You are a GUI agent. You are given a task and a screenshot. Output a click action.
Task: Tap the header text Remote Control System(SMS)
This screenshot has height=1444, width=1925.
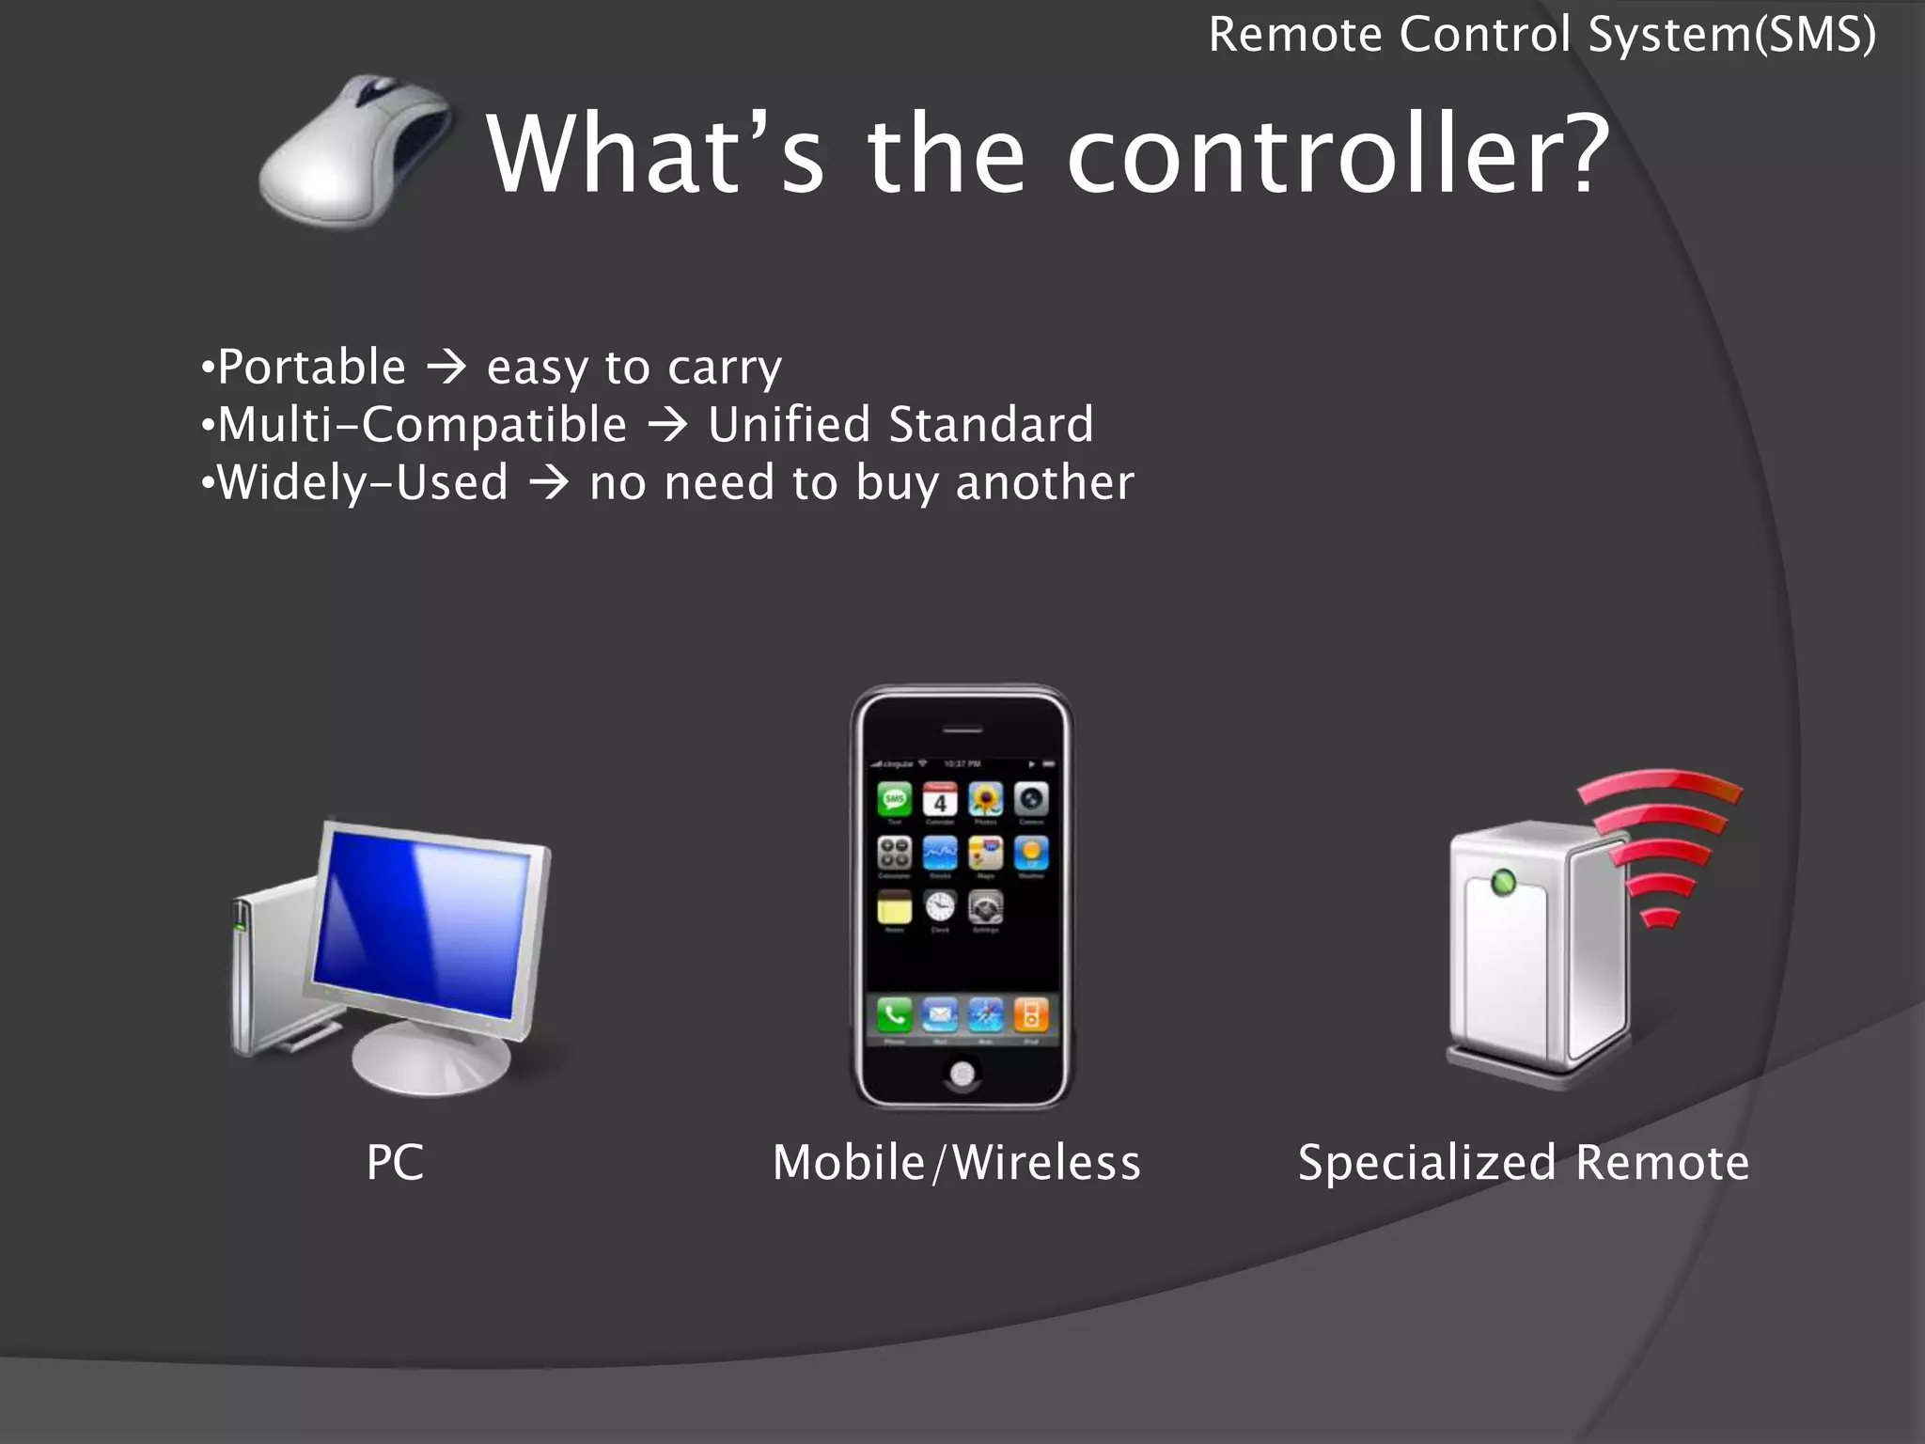pos(1542,36)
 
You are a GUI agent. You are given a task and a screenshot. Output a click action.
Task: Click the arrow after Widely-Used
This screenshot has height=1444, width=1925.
pos(549,484)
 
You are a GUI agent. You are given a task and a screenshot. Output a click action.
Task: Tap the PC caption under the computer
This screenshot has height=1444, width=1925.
pos(395,1162)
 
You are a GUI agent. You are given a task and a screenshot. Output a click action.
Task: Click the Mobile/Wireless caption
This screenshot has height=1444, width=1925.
pos(956,1162)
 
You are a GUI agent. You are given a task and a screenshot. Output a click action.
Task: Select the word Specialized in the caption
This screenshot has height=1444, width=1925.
pos(1426,1163)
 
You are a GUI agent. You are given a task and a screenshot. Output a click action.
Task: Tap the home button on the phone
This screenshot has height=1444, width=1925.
pos(962,1074)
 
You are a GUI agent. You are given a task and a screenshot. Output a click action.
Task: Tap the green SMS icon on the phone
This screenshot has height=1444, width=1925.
pos(894,800)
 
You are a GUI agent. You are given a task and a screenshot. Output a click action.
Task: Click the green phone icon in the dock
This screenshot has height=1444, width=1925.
pos(894,1015)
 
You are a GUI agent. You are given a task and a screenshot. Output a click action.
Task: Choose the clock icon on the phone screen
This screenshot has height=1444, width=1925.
pos(940,907)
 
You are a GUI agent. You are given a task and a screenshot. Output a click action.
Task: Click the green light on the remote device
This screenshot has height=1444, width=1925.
pos(1503,883)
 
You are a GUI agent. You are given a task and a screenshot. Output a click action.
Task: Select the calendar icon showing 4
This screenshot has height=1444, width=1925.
pos(940,800)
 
